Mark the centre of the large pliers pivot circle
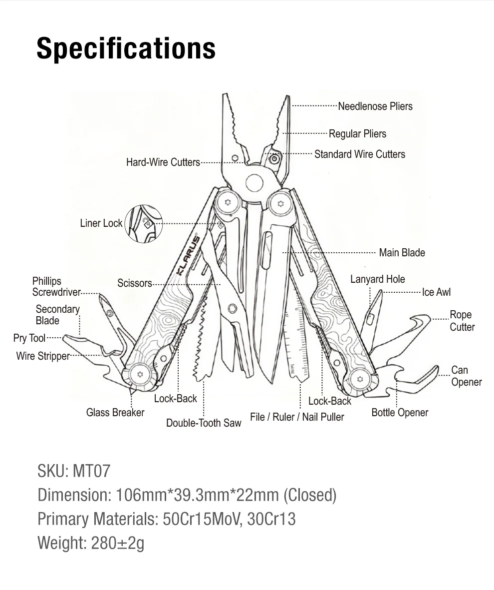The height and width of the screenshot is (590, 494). coord(254,183)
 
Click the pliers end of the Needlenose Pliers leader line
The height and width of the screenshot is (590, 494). coord(293,106)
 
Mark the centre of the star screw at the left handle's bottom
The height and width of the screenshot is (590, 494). coord(141,374)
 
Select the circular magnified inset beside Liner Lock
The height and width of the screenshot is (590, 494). coord(144,223)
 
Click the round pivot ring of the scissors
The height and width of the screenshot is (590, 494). coord(233,309)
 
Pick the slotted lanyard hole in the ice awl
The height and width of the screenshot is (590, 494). coord(370,319)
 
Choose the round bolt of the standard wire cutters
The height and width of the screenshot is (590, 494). coord(274,159)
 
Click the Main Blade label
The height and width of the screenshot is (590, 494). coord(402,252)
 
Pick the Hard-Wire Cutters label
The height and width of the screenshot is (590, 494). coord(163,162)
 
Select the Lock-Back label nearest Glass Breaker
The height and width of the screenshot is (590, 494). coord(176,399)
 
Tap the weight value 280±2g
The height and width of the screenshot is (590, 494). coord(118,543)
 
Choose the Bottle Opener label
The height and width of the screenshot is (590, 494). coord(400,413)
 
